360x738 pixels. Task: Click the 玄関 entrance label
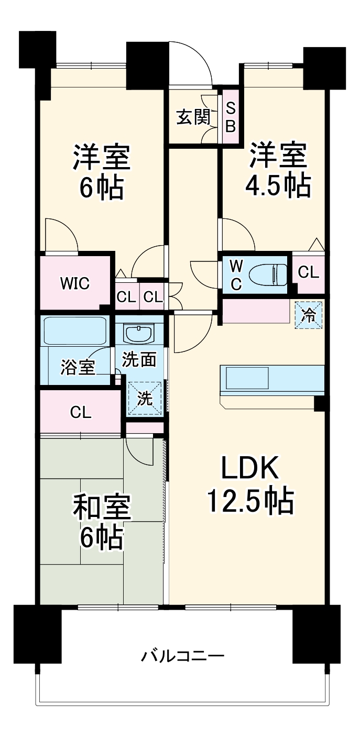192,118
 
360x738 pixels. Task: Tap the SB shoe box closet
231,118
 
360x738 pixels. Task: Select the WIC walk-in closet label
74,283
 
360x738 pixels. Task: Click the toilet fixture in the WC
267,273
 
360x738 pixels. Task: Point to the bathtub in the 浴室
75,331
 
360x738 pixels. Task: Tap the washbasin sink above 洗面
139,332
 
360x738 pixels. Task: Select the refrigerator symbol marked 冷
309,315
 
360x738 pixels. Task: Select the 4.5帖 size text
278,184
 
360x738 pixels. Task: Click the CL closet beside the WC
308,272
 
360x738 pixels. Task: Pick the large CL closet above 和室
81,412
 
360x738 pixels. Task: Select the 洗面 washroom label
139,360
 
